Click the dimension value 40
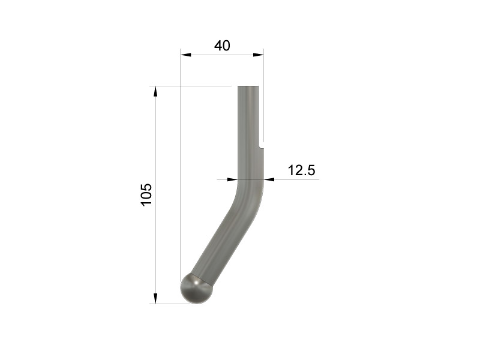click(x=222, y=46)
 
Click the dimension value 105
click(x=146, y=194)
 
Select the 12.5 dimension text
click(x=301, y=170)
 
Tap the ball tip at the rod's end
click(x=196, y=289)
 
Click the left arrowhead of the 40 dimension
click(x=185, y=55)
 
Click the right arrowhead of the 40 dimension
click(x=258, y=55)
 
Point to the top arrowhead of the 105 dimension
click(x=155, y=91)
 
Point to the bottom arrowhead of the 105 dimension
click(x=155, y=298)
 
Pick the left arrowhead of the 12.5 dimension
click(x=232, y=179)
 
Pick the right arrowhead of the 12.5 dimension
click(x=269, y=179)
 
